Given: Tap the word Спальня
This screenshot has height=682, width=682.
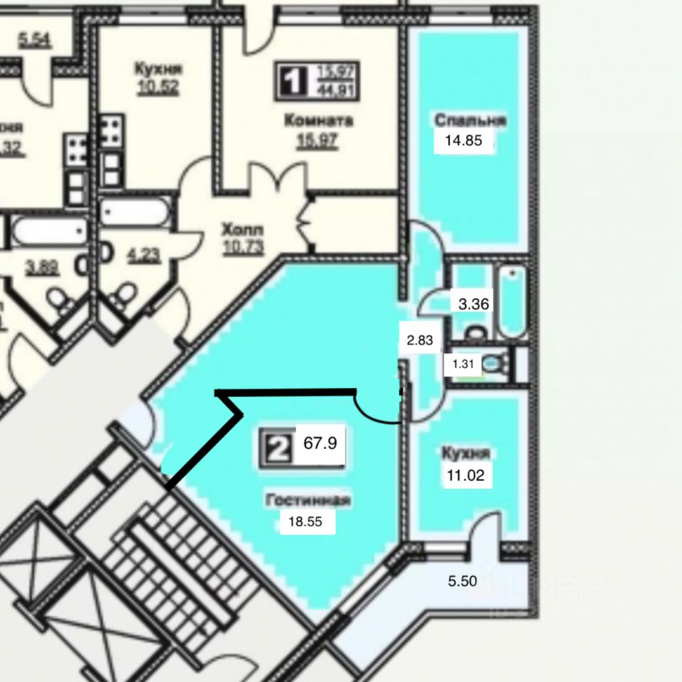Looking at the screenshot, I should (470, 120).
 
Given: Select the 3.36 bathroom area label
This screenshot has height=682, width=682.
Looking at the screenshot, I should (473, 305).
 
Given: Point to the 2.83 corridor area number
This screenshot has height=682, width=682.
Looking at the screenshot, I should (419, 340).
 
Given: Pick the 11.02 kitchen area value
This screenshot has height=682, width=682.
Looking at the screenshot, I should (465, 476).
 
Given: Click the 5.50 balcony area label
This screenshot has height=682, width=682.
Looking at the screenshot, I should (462, 581).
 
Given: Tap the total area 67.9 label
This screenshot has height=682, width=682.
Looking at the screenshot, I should (320, 443).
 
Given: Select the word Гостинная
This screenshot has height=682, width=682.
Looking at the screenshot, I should (308, 500).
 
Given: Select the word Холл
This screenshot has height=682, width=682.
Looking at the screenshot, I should (242, 230).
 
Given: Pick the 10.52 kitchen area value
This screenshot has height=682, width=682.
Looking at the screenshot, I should (158, 87).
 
